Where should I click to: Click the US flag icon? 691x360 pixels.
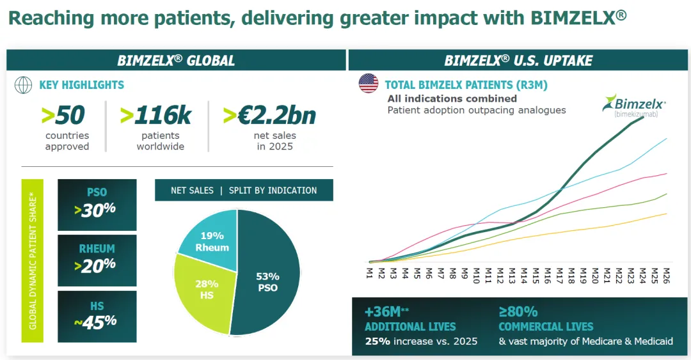point(369,84)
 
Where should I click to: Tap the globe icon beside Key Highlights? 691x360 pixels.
point(23,84)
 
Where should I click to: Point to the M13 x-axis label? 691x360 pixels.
point(512,276)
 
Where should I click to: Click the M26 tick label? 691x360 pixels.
point(666,276)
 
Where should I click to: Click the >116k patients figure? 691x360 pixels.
point(155,115)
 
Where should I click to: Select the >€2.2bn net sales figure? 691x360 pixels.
point(269,115)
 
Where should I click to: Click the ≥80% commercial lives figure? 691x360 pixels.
point(518,312)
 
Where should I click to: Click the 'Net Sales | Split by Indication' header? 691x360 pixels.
point(244,190)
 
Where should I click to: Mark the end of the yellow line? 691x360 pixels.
point(667,214)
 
